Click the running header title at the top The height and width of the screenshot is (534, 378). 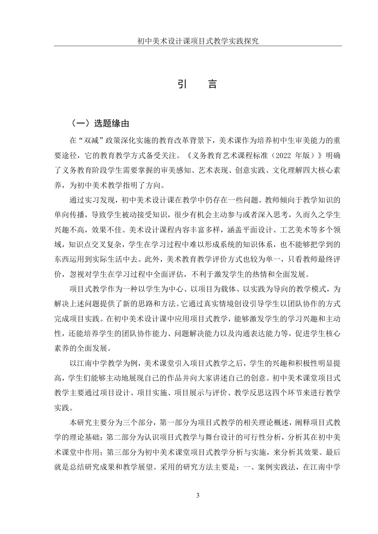pyautogui.click(x=198, y=41)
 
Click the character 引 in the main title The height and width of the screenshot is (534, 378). pyautogui.click(x=183, y=84)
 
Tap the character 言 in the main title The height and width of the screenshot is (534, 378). pyautogui.click(x=213, y=84)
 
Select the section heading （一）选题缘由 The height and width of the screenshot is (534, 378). pyautogui.click(x=100, y=124)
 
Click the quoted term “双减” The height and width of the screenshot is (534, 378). pyautogui.click(x=89, y=140)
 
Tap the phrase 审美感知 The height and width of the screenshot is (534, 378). pyautogui.click(x=176, y=170)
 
